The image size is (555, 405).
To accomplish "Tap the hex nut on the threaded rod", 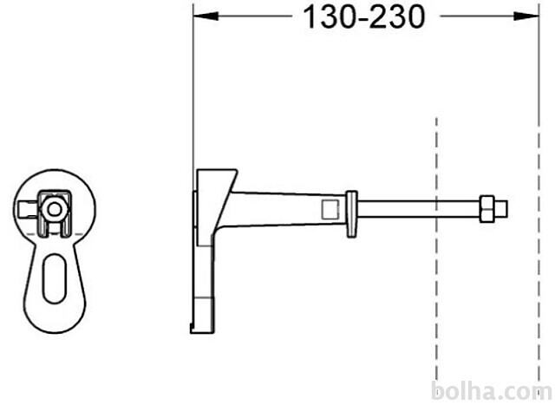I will pos(488,209).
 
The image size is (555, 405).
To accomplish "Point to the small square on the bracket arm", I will pos(330,208).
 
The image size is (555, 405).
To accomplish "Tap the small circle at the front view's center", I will pos(55,208).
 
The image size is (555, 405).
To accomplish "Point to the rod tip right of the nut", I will pos(503,209).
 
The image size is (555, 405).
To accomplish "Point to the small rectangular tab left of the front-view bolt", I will pos(29,208).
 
